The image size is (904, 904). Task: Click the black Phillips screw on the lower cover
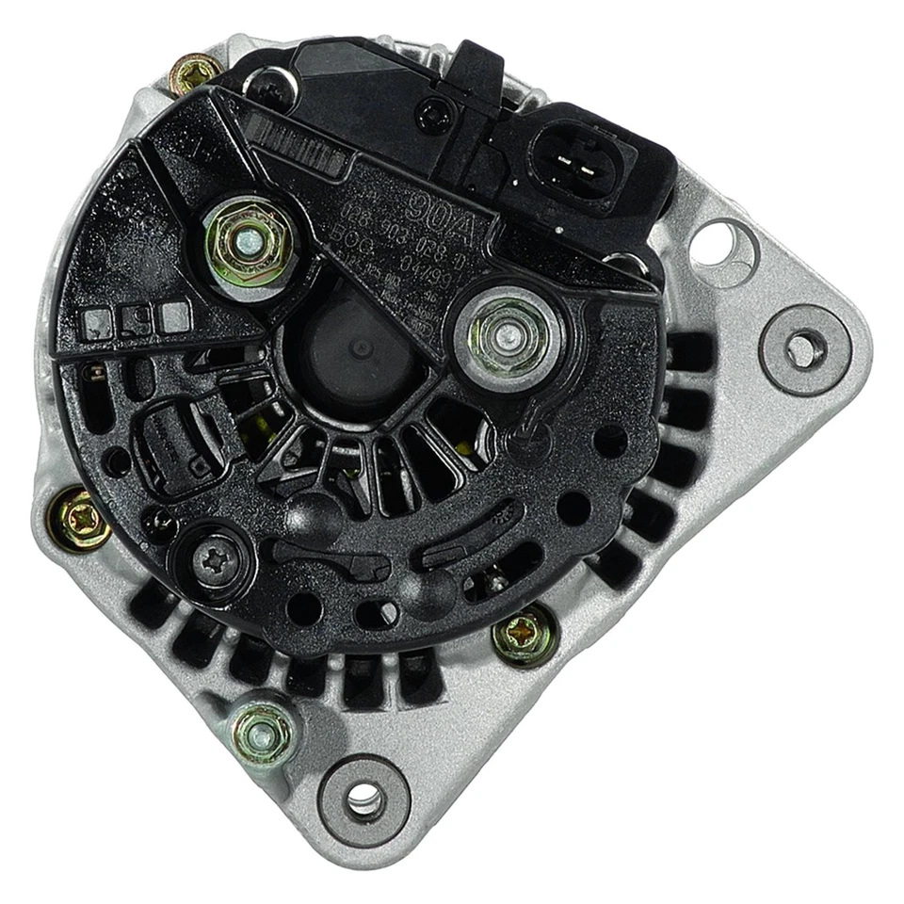click(211, 561)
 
